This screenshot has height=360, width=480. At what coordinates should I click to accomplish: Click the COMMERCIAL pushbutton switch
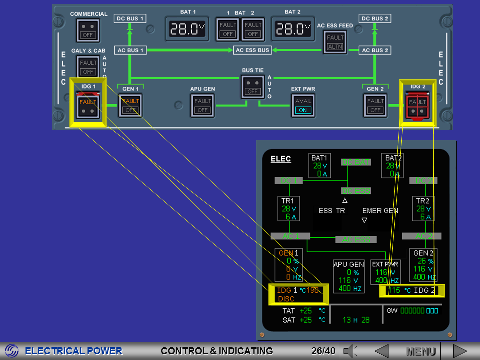(x=88, y=31)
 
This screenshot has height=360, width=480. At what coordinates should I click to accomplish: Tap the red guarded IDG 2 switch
(x=417, y=107)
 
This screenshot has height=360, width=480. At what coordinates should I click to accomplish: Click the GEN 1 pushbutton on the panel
(x=130, y=105)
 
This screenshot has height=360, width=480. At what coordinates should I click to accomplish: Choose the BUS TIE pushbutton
(x=252, y=87)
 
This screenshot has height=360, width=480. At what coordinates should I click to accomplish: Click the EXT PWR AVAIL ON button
(x=303, y=105)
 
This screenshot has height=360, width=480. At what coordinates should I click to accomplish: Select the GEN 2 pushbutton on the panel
(x=375, y=105)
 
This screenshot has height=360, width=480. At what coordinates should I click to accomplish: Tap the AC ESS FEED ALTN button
(x=335, y=42)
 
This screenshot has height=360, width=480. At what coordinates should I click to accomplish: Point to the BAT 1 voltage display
(x=187, y=29)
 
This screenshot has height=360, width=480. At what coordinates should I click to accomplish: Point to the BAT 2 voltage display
(x=293, y=29)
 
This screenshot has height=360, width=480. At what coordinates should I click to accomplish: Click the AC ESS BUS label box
(x=252, y=50)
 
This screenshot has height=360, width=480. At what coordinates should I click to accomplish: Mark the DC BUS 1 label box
(x=130, y=19)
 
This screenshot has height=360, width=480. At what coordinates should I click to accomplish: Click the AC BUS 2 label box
(x=375, y=50)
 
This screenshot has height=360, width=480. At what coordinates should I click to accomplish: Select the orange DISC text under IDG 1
(x=286, y=299)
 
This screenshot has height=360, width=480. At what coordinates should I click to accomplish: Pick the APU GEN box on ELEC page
(x=349, y=276)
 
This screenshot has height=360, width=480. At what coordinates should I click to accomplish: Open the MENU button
(x=421, y=351)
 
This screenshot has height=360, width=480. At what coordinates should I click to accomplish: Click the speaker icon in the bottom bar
(x=352, y=351)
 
